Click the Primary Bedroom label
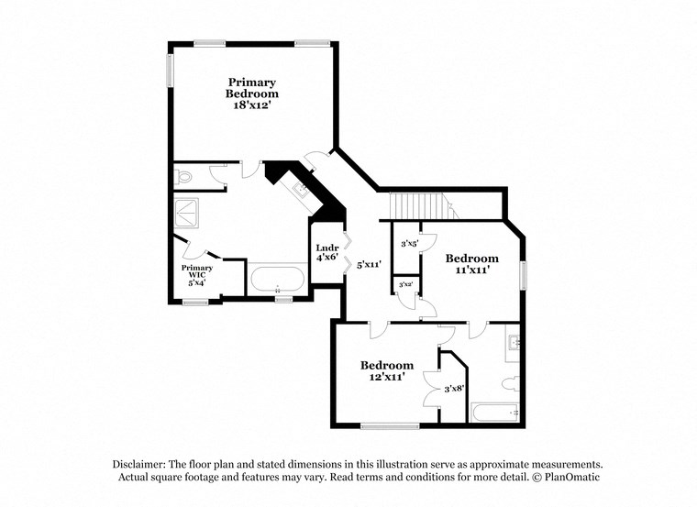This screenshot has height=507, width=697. click(x=252, y=88)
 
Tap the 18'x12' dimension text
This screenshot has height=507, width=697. click(x=252, y=105)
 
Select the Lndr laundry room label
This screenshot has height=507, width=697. click(x=327, y=248)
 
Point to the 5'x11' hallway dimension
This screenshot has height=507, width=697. click(x=369, y=264)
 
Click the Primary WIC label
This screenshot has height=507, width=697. click(x=197, y=272)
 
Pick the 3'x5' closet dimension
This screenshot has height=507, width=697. click(x=410, y=244)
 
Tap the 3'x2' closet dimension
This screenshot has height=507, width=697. click(x=405, y=285)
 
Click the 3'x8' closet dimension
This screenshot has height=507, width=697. click(x=454, y=389)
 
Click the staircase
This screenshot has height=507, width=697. click(x=422, y=206)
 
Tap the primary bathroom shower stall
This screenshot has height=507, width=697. click(x=190, y=212)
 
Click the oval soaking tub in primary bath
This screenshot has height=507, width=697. click(x=278, y=278)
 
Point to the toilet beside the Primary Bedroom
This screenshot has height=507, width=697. click(x=183, y=175)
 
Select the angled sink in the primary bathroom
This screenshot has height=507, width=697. click(x=300, y=191)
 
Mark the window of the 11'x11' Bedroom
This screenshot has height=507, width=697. click(x=524, y=276)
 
